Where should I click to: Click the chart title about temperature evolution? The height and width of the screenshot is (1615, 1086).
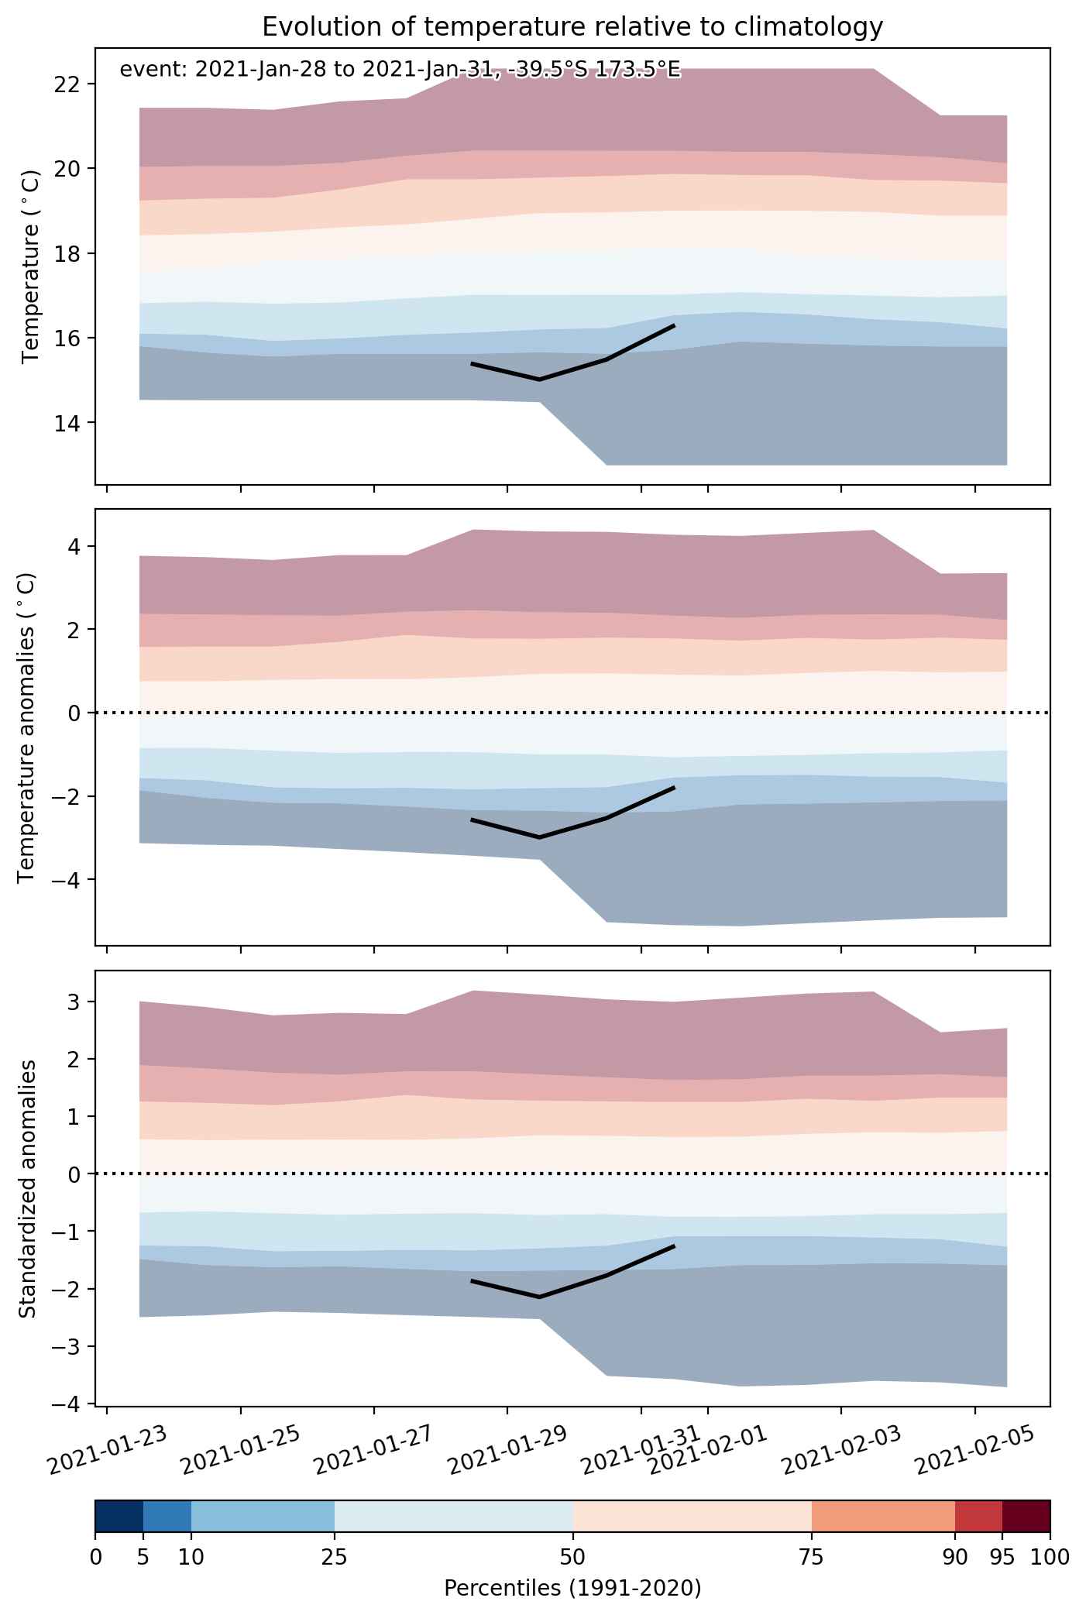click(572, 27)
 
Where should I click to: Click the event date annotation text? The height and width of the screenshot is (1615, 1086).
click(400, 70)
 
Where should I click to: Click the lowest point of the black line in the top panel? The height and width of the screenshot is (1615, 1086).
click(539, 380)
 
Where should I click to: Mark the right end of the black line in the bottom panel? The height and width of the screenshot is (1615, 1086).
click(675, 1246)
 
